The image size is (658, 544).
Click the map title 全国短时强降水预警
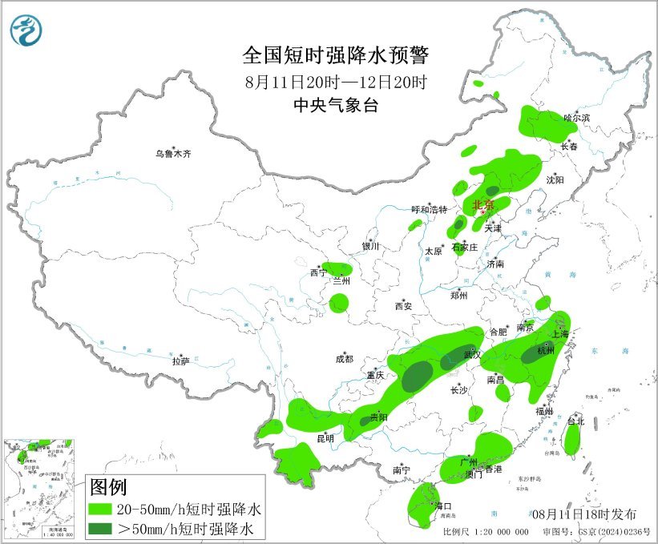click(336, 55)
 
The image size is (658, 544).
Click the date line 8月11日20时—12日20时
click(336, 81)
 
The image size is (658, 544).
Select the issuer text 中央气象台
click(336, 105)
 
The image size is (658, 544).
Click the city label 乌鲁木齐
click(174, 153)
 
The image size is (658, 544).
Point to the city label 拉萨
click(180, 361)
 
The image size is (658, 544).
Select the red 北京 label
click(484, 204)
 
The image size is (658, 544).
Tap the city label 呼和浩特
click(429, 209)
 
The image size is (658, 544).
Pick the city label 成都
click(345, 360)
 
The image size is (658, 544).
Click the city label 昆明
click(325, 438)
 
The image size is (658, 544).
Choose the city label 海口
click(443, 506)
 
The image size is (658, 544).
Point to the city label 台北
click(575, 421)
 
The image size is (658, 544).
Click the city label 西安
click(402, 306)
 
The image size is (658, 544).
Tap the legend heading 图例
click(108, 486)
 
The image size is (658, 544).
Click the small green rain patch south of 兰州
click(339, 303)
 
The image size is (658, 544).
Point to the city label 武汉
click(471, 355)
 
